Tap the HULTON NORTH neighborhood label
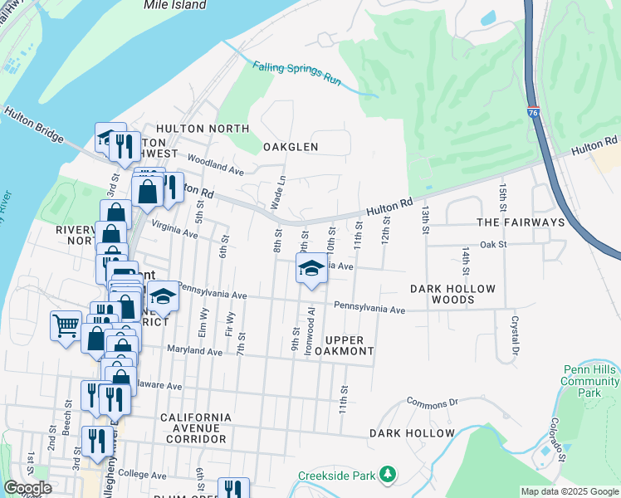click(x=203, y=129)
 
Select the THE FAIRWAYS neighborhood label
click(x=521, y=222)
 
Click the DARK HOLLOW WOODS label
click(x=453, y=294)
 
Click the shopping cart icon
click(x=66, y=324)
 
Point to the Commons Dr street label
click(x=432, y=403)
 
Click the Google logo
click(x=28, y=488)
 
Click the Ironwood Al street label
click(x=311, y=331)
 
